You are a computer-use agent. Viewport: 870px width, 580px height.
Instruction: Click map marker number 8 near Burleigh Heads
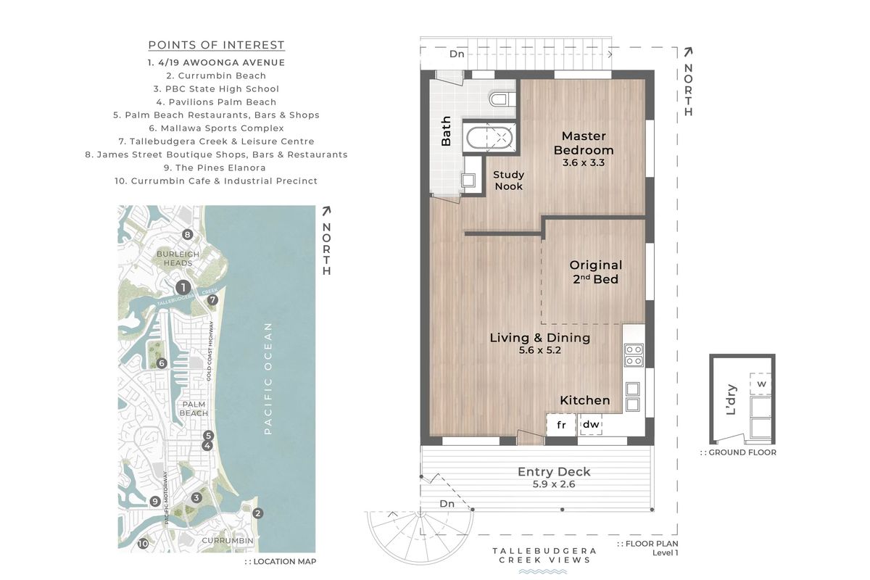coord(188,235)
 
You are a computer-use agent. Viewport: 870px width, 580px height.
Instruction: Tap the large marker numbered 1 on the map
coord(183,288)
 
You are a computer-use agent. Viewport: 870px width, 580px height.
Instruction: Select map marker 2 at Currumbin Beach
coord(258,513)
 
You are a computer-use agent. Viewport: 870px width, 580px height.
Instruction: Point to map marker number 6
coord(162,363)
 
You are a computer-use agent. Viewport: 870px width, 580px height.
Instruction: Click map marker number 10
coord(143,544)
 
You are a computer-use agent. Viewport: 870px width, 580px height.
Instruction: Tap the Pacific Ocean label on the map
coord(268,378)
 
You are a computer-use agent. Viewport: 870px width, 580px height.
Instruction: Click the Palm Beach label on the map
coord(194,409)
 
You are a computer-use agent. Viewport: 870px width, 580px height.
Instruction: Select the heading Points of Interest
coord(216,45)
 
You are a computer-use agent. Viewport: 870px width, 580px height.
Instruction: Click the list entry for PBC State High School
coord(216,89)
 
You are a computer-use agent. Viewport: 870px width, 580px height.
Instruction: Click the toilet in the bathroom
coord(502,99)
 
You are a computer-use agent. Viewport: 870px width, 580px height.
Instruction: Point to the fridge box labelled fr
coord(561,425)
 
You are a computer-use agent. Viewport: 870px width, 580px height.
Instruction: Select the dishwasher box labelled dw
coord(591,424)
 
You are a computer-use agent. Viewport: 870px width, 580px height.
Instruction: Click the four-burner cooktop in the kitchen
coord(634,355)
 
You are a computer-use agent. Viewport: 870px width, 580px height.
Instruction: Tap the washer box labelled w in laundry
coord(761,384)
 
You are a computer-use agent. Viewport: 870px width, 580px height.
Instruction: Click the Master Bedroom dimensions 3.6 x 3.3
coord(584,163)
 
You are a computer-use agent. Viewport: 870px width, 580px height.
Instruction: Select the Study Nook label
coord(509,181)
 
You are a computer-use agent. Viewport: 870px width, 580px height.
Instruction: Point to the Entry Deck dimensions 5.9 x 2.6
coord(554,484)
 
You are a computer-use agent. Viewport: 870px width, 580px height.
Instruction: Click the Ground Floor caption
coord(738,452)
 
